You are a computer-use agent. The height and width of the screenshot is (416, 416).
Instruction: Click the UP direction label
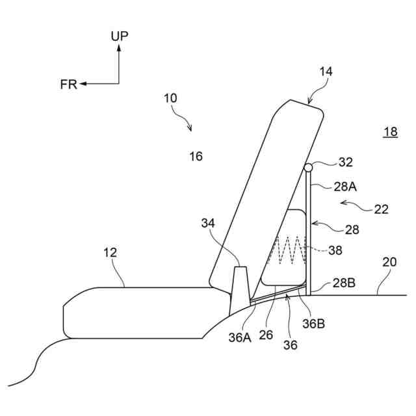click(119, 36)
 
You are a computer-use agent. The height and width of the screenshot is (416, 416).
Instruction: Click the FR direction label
click(68, 84)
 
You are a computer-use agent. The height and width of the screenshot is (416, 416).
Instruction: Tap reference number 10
click(170, 98)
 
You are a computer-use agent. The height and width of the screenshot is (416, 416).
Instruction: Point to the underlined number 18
click(390, 132)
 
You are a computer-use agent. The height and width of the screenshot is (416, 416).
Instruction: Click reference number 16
click(196, 156)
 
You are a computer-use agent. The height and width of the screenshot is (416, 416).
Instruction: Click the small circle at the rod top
click(308, 167)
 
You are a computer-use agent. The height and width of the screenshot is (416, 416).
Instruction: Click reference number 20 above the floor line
click(389, 263)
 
